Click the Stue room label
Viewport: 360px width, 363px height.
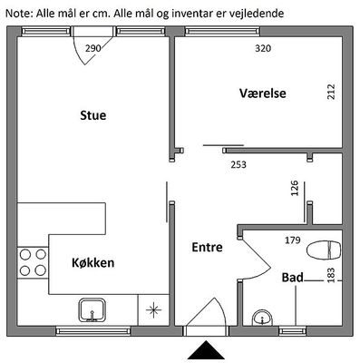(93, 115)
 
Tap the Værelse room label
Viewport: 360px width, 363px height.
(263, 93)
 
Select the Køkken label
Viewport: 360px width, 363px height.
(93, 262)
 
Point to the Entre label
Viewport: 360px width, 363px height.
(208, 247)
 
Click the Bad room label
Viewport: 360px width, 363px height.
(292, 277)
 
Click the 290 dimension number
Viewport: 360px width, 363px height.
(93, 48)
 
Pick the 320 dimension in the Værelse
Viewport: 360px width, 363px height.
(263, 48)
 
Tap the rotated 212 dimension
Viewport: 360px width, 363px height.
(331, 92)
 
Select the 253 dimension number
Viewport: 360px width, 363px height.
(238, 164)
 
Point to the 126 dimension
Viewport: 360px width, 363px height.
(295, 188)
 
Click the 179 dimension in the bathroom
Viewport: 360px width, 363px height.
(293, 240)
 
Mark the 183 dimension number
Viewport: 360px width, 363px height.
(331, 275)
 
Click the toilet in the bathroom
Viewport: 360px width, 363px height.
(324, 250)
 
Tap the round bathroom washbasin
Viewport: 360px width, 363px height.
(262, 318)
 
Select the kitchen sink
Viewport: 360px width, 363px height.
(92, 310)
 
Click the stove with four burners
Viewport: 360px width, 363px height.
(33, 262)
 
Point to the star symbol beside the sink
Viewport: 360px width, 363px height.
(154, 310)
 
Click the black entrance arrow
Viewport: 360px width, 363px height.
(207, 351)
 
